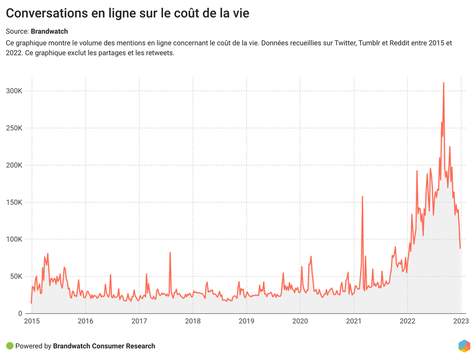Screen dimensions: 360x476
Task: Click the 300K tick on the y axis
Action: pos(14,91)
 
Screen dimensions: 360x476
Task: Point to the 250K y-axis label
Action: pos(14,128)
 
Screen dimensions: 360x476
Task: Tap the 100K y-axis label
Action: pos(14,239)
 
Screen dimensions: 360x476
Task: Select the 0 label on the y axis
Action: pos(20,313)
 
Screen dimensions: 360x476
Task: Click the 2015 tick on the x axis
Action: pos(32,321)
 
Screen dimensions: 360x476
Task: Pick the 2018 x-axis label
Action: pos(193,321)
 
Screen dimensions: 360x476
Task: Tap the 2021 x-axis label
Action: pos(354,321)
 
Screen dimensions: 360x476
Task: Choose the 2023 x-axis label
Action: pos(461,321)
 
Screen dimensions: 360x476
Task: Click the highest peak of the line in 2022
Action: pos(443,83)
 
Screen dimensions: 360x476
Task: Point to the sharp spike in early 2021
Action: pos(362,197)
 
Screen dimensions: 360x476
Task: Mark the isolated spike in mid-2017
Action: pos(170,253)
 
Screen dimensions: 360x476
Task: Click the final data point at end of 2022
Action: pos(460,248)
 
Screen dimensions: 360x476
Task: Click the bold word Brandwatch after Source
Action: pos(49,32)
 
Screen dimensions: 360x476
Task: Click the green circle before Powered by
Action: pos(10,346)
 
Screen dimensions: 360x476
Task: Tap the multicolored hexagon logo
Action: pos(464,346)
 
